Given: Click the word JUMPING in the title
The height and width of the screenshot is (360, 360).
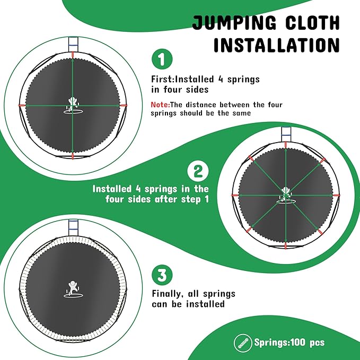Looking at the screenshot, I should pyautogui.click(x=234, y=23).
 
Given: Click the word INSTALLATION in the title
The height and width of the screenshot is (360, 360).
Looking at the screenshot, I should pyautogui.click(x=276, y=45).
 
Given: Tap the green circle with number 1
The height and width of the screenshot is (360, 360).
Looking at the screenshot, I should pyautogui.click(x=162, y=60).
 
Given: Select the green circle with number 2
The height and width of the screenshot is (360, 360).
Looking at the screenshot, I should pyautogui.click(x=198, y=171).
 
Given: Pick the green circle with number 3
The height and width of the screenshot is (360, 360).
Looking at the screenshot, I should pyautogui.click(x=162, y=275).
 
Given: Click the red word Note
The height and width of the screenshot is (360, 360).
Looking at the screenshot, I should pyautogui.click(x=160, y=105).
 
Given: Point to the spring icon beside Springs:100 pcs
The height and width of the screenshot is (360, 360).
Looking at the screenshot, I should pyautogui.click(x=243, y=342).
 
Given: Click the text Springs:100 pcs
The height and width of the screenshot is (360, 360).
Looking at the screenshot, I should pyautogui.click(x=289, y=342).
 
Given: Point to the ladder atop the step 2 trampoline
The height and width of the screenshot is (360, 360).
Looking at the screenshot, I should pyautogui.click(x=286, y=136).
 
